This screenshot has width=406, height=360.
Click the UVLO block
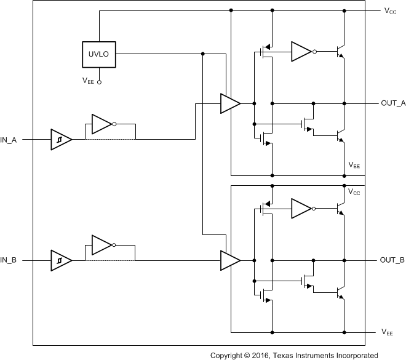tap(99, 54)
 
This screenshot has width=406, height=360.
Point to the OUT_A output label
tap(392, 103)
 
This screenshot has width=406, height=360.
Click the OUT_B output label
tap(392, 260)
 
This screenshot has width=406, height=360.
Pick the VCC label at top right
tap(389, 11)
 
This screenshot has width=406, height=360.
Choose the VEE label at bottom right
tap(388, 332)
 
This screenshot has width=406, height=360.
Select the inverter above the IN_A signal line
tap(101, 124)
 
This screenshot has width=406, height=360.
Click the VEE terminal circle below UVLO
tap(99, 81)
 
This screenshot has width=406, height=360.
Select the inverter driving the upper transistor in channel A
tap(302, 52)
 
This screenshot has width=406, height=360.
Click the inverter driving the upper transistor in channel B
tap(302, 209)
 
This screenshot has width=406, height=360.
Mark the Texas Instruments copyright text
tap(294, 355)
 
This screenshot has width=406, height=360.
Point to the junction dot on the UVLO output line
tap(203, 54)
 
